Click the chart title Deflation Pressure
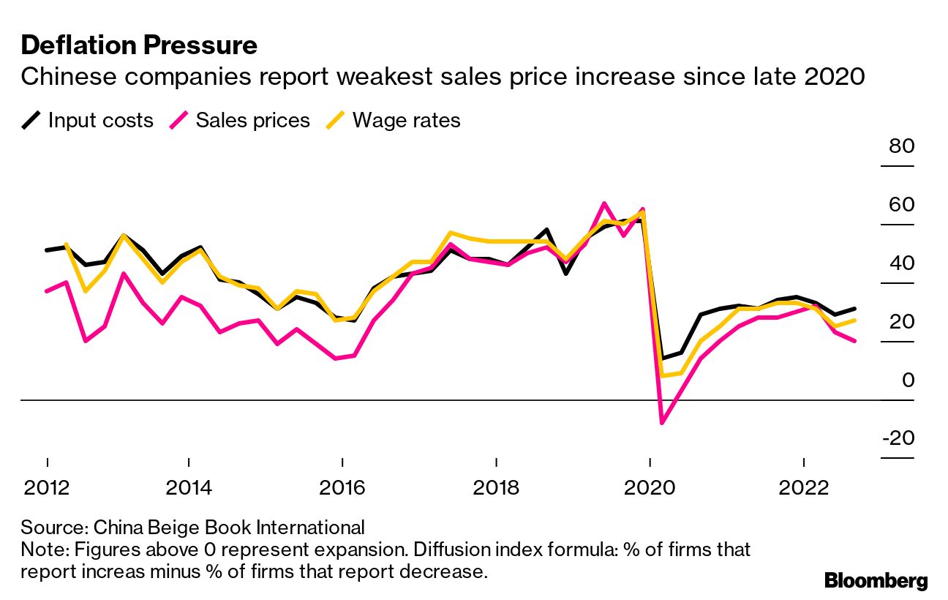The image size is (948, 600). [x=139, y=45]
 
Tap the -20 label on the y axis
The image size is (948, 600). [x=898, y=438]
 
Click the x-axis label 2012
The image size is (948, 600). [x=48, y=487]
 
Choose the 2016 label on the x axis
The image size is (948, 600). [x=342, y=487]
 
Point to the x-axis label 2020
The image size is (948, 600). [x=650, y=487]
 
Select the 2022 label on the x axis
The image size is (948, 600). [x=804, y=487]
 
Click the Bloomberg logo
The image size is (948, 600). [x=876, y=581]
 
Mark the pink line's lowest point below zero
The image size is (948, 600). [x=662, y=423]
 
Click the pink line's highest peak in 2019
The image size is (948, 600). [x=604, y=203]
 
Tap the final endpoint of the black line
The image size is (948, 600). [x=854, y=309]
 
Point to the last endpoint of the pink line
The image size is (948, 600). [x=854, y=341]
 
